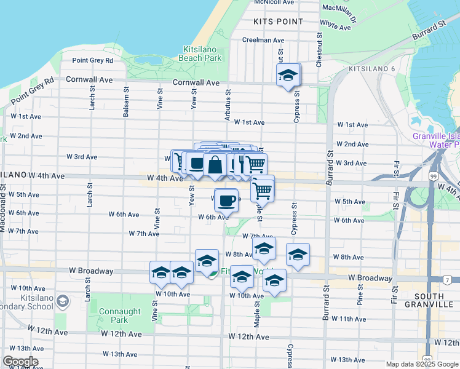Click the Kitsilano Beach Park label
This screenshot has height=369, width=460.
coord(200,54)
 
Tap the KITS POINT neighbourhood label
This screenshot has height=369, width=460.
coord(279,21)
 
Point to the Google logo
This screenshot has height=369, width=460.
coord(20,362)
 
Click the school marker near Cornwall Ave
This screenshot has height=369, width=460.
coord(287,76)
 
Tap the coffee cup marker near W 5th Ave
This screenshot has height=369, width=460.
coord(227,199)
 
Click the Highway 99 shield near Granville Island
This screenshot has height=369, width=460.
coord(434,177)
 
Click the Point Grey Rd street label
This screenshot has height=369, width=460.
coord(92,60)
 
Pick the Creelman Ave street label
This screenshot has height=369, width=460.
coord(263,40)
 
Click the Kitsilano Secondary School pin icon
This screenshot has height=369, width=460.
coord(62,301)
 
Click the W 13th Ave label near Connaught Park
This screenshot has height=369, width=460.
coord(120,354)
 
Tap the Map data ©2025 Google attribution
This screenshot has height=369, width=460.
coord(422,363)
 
